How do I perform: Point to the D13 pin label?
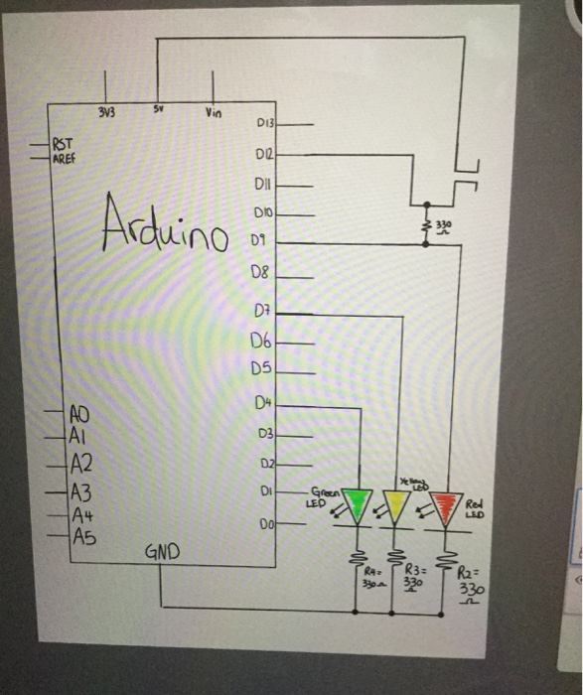pyautogui.click(x=265, y=125)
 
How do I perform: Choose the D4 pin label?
pyautogui.click(x=262, y=402)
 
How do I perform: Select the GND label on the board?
pyautogui.click(x=162, y=550)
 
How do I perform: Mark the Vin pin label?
pyautogui.click(x=213, y=112)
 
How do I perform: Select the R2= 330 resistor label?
pyautogui.click(x=471, y=586)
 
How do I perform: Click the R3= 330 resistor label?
pyautogui.click(x=416, y=579)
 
